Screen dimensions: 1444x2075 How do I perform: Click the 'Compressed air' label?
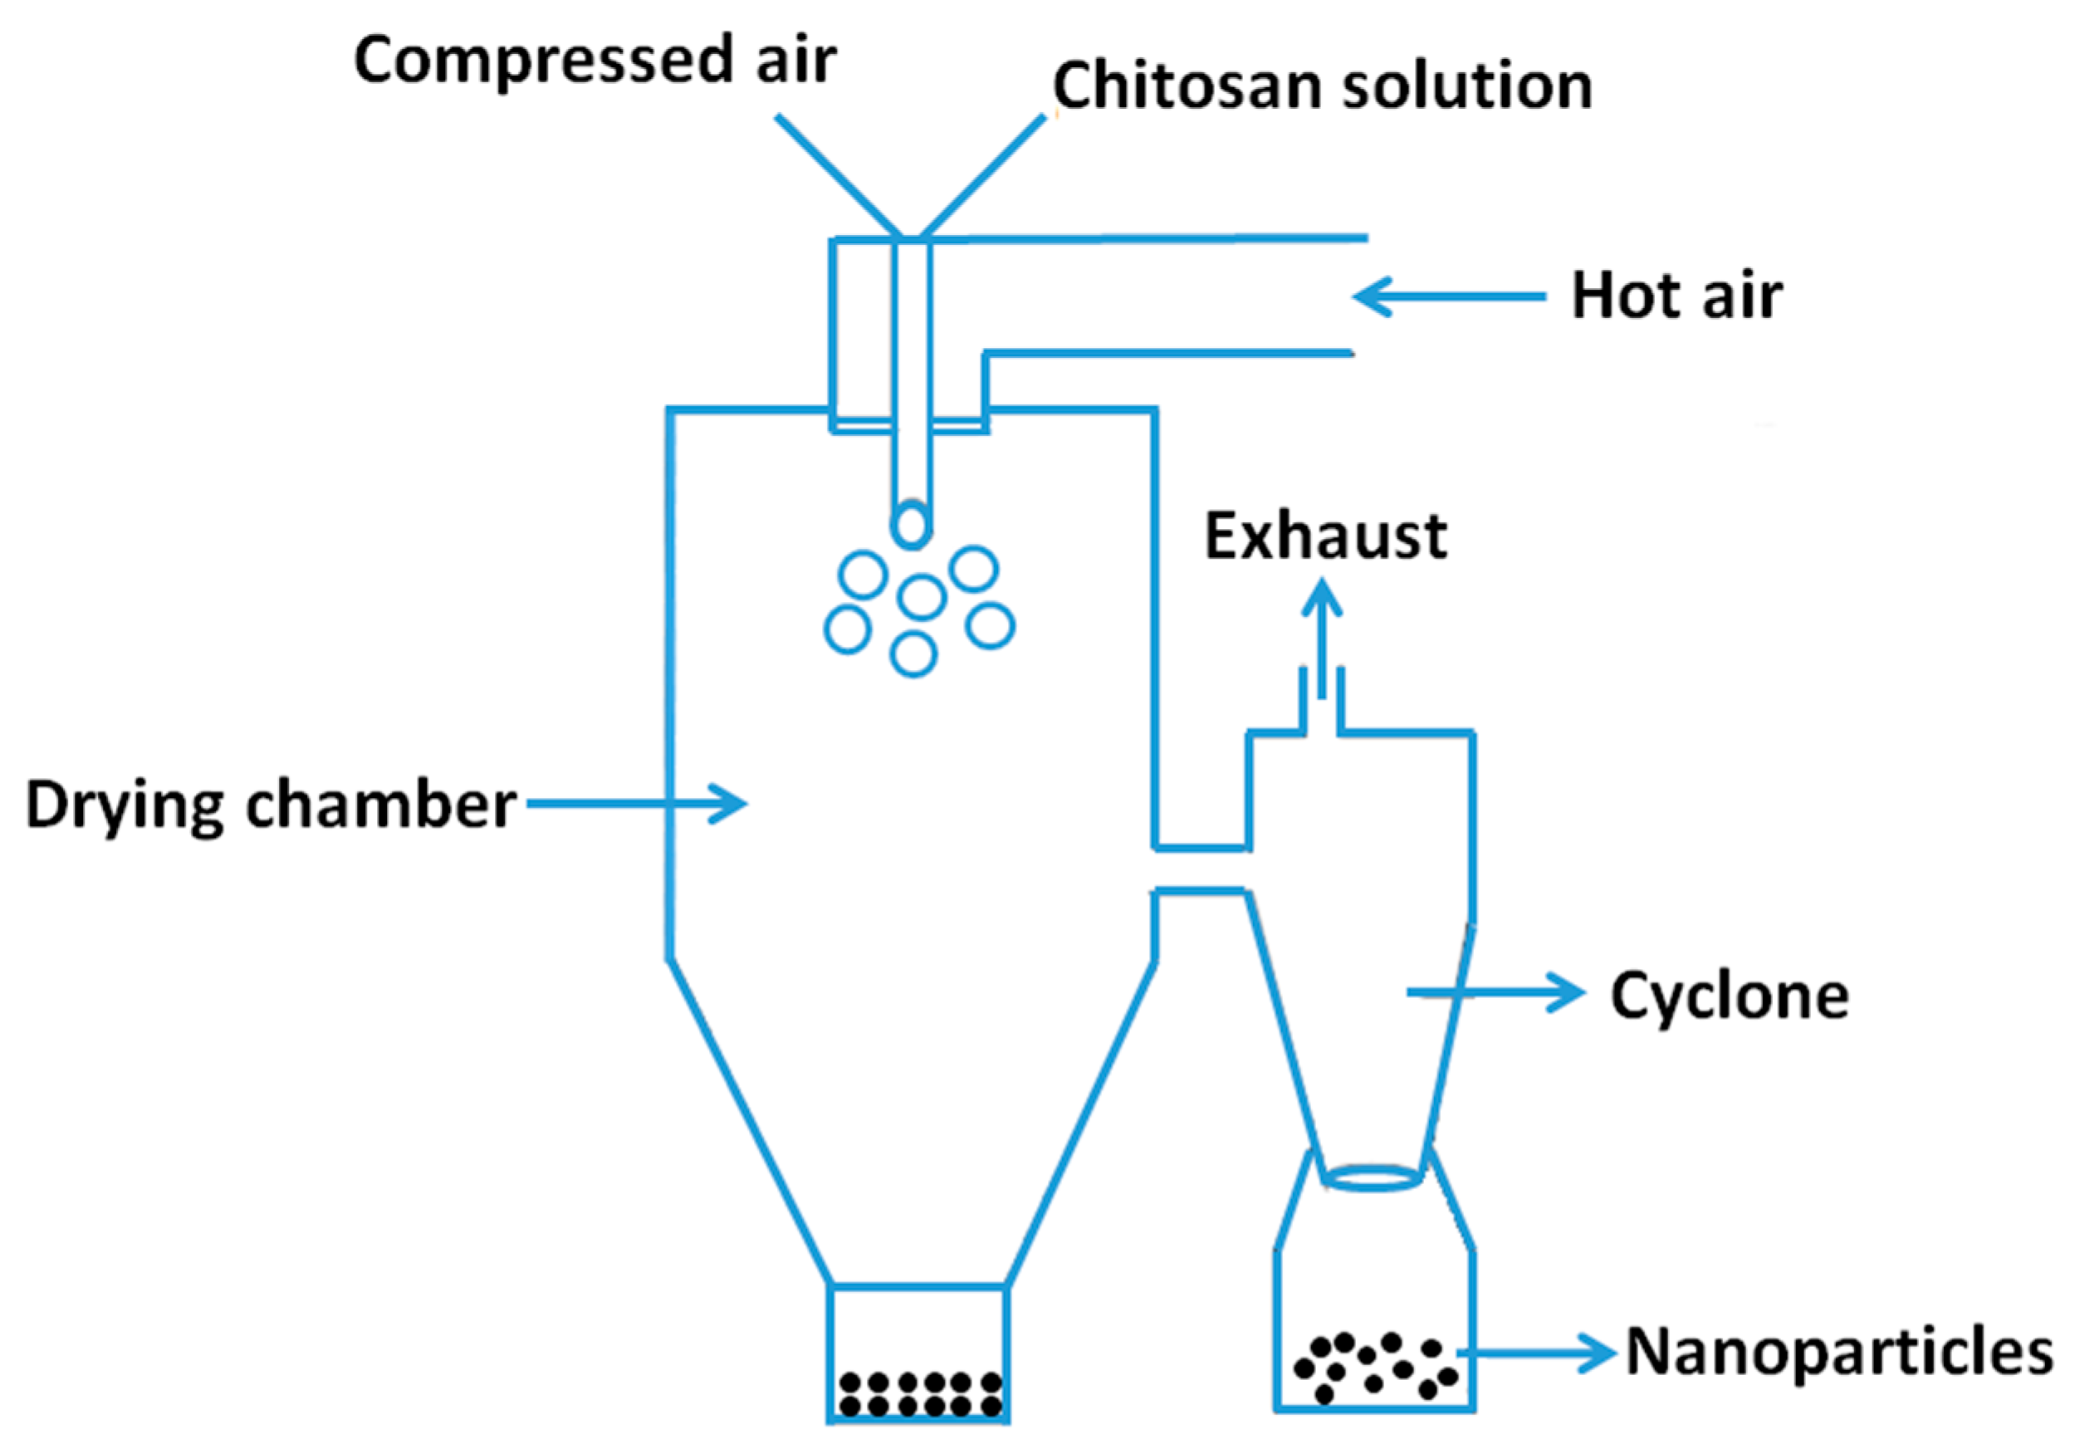[595, 61]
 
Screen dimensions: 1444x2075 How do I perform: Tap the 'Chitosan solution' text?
[1321, 86]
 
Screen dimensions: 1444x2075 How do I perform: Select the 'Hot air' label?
[1676, 296]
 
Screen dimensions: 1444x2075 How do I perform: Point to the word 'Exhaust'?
[1326, 536]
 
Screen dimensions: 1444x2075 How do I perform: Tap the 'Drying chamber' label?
[270, 805]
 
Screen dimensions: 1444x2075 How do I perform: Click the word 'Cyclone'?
[1730, 996]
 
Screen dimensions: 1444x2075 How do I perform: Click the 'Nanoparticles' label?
[1839, 1353]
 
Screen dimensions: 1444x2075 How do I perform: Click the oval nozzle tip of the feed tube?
[911, 525]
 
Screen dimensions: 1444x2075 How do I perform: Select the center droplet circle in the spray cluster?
[921, 597]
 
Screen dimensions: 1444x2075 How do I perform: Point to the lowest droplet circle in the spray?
[913, 655]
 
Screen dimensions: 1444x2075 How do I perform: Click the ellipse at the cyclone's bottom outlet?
[1373, 1178]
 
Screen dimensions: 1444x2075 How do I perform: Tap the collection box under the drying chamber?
[918, 1353]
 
